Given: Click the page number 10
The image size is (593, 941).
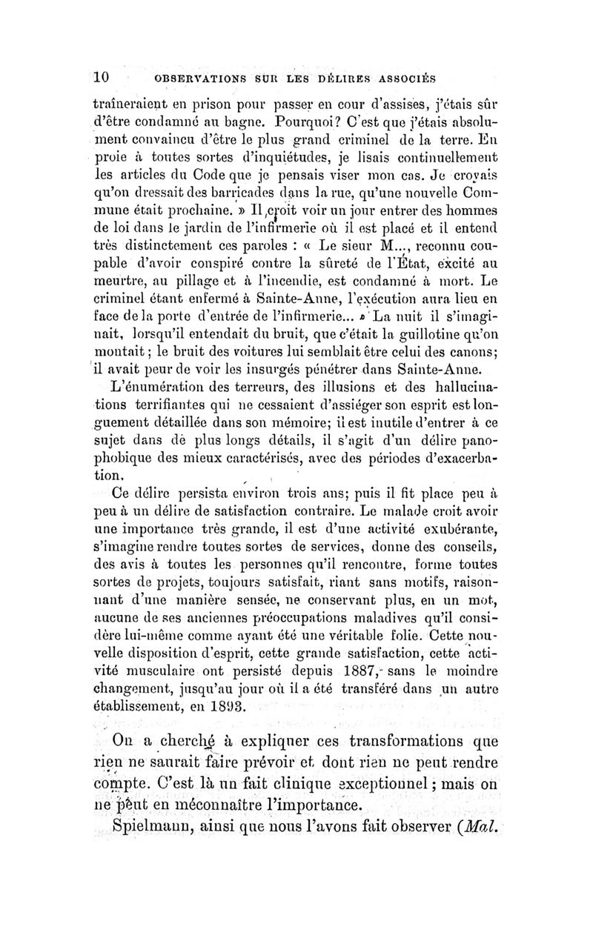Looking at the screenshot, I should [x=102, y=76].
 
